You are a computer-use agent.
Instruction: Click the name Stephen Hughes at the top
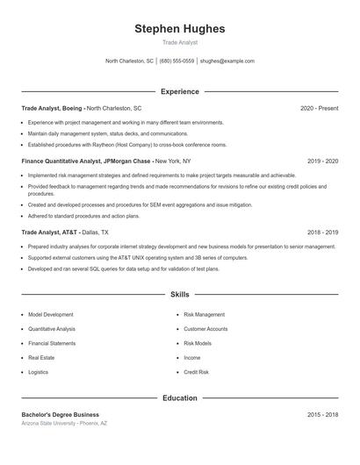[x=179, y=29]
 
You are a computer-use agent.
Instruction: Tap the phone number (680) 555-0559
[x=176, y=61]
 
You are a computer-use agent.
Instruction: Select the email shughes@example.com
[x=227, y=61]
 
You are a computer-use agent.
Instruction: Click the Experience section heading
[x=179, y=91]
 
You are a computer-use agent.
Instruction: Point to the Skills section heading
[x=179, y=295]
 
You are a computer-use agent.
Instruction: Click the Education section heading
[x=179, y=397]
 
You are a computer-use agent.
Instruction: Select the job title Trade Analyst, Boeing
[x=53, y=108]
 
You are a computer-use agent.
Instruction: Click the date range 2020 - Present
[x=319, y=108]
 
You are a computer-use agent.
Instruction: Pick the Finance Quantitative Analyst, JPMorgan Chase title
[x=88, y=161]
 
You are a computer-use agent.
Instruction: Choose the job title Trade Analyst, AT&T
[x=50, y=232]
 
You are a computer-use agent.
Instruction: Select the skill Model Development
[x=51, y=313]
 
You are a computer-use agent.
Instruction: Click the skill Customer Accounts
[x=205, y=328]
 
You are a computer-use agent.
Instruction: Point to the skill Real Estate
[x=41, y=357]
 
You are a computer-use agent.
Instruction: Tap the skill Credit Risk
[x=196, y=372]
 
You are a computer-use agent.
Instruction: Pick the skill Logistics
[x=39, y=372]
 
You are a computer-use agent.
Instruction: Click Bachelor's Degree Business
[x=61, y=414]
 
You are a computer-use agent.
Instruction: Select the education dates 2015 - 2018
[x=323, y=414]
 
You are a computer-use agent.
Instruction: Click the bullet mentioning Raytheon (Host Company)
[x=126, y=144]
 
